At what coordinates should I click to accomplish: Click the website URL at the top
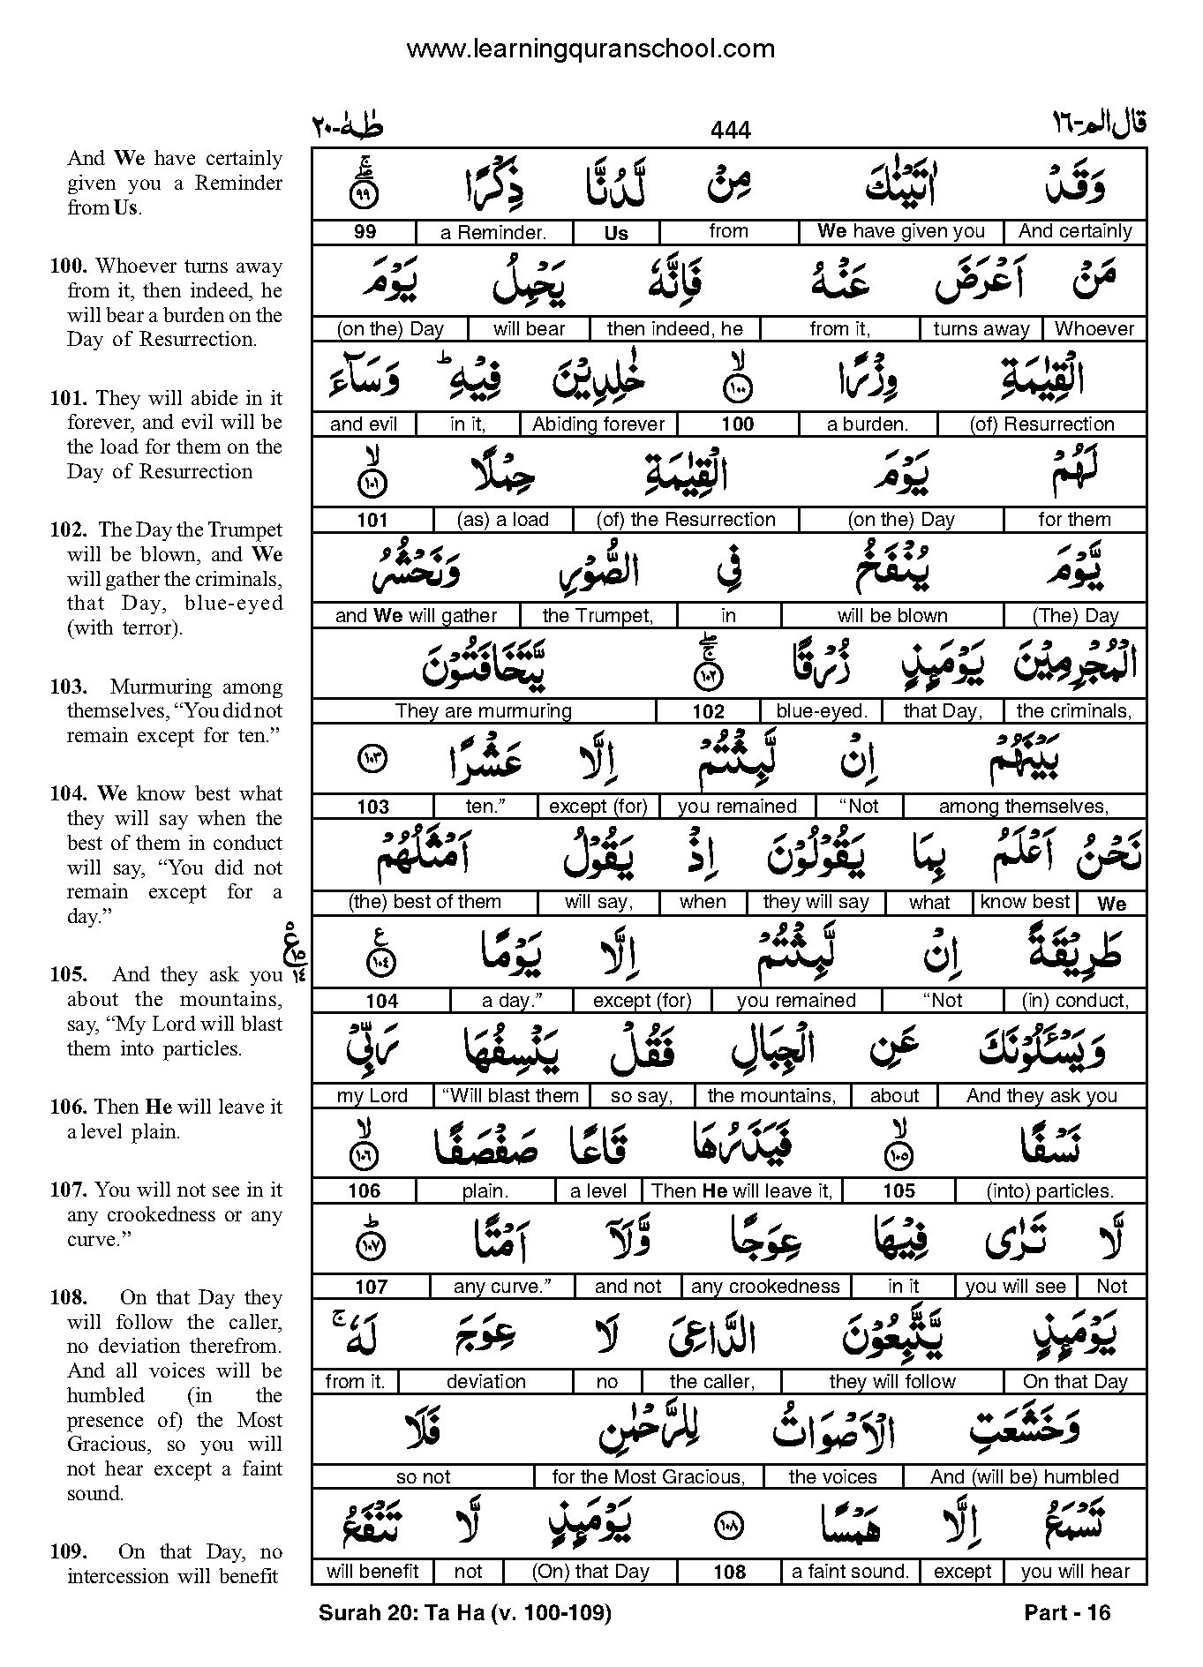(590, 49)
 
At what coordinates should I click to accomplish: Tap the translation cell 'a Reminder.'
(493, 233)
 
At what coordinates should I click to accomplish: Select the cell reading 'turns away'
(981, 329)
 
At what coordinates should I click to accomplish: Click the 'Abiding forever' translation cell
(598, 424)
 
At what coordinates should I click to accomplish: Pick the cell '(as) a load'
(503, 520)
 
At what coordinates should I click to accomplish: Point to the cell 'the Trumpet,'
(598, 616)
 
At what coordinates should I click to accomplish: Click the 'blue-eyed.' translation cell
(822, 711)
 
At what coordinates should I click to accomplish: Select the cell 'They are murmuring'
(484, 711)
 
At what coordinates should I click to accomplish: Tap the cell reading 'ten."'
(485, 807)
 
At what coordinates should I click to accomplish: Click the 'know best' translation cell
(1025, 902)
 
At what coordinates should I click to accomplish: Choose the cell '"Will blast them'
(510, 1096)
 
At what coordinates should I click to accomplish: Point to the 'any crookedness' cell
(765, 1287)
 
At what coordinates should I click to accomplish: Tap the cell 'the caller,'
(711, 1382)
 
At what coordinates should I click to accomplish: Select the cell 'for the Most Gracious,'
(648, 1477)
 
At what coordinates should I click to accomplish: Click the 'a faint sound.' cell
(850, 1572)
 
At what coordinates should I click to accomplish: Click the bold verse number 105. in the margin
(69, 975)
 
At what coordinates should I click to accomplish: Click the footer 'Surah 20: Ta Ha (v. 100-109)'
(464, 1613)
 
